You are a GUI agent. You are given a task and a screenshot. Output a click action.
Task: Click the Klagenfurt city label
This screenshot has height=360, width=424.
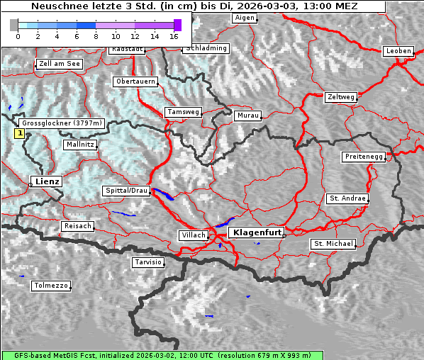tap(257, 232)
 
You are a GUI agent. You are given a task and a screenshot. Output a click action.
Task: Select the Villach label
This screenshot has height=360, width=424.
tap(193, 235)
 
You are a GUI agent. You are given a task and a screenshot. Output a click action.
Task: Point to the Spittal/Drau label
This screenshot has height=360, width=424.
tap(126, 191)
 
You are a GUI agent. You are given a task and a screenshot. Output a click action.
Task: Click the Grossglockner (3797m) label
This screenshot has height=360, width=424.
tap(62, 123)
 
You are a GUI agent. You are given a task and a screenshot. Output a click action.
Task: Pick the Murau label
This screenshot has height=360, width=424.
tap(248, 115)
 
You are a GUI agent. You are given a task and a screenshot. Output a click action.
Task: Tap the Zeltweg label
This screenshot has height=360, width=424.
tap(341, 96)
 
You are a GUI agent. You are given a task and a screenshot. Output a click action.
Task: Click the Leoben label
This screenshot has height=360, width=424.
tap(398, 51)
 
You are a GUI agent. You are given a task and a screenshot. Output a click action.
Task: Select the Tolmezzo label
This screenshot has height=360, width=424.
tap(51, 286)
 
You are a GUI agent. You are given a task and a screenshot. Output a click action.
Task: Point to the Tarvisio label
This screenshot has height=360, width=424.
tap(148, 262)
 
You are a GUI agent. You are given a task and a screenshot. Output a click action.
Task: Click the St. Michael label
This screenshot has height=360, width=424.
tap(333, 244)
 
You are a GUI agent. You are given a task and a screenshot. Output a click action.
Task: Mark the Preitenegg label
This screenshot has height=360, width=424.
tap(364, 156)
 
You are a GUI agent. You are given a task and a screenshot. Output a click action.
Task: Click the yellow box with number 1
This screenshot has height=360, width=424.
tap(20, 133)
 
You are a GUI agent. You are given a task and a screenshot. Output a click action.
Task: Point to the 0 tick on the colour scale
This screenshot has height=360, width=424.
tap(17, 35)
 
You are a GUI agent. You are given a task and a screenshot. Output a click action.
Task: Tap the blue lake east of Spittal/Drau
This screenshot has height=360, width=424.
tap(163, 194)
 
